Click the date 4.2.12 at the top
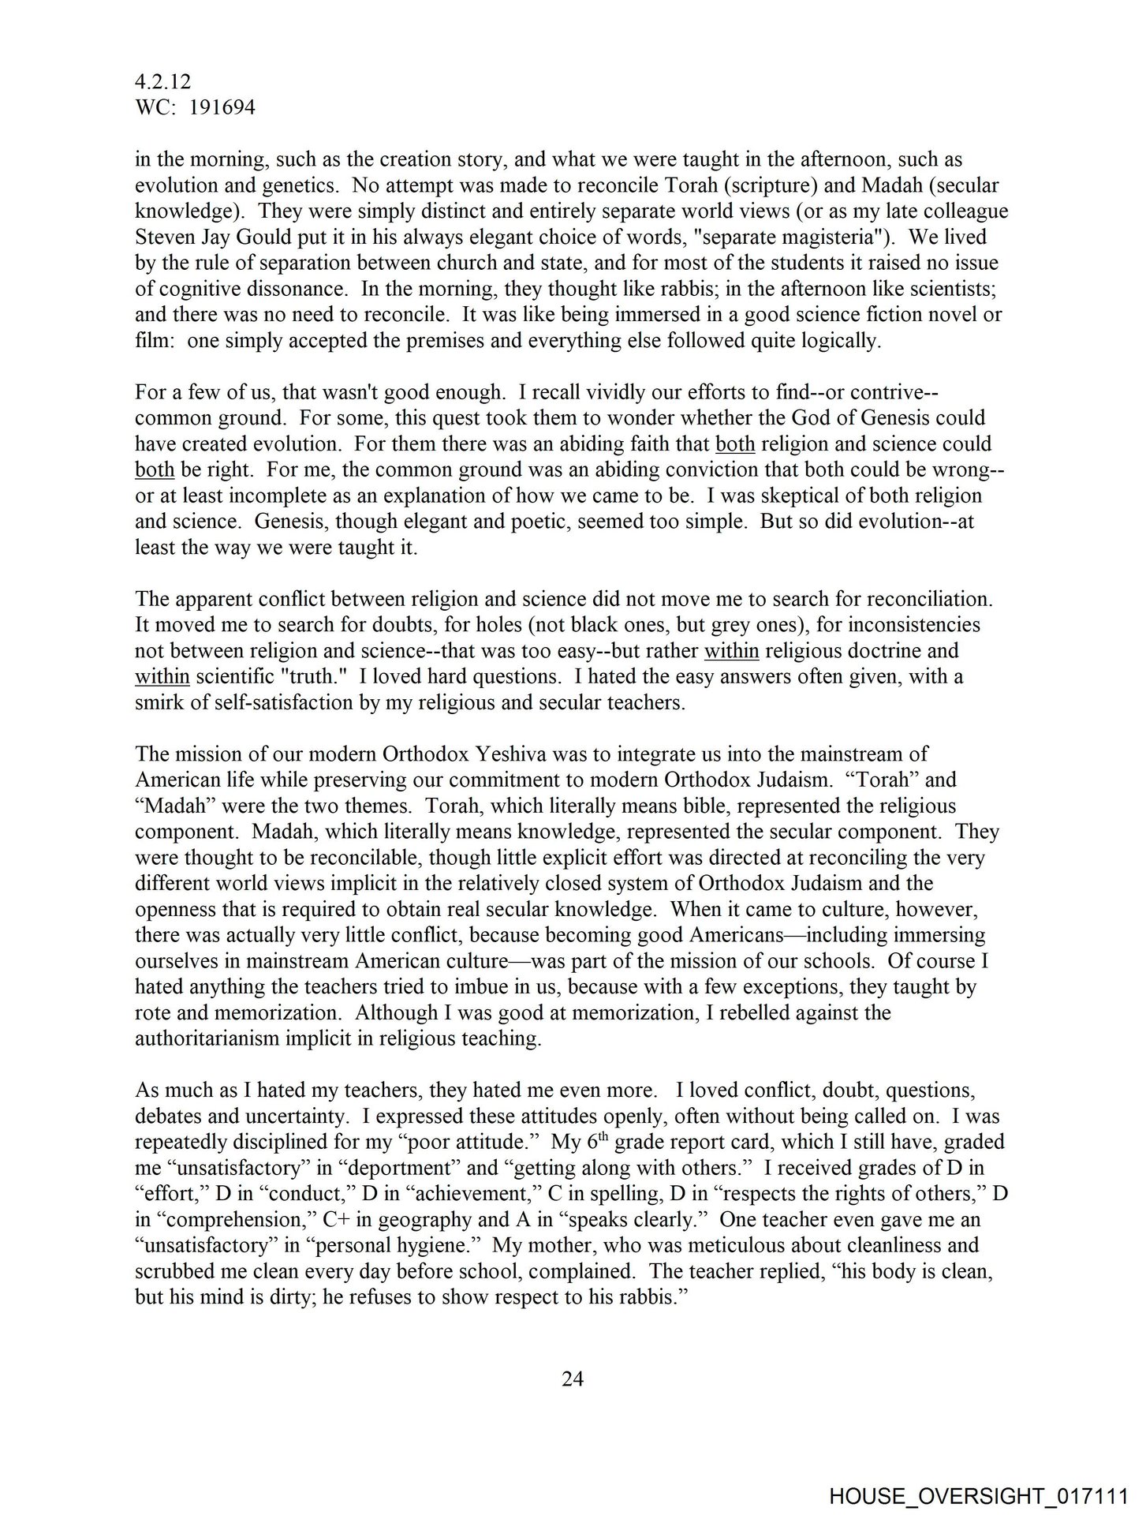pos(163,82)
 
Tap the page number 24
pos(573,1378)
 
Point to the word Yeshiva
pos(512,754)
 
